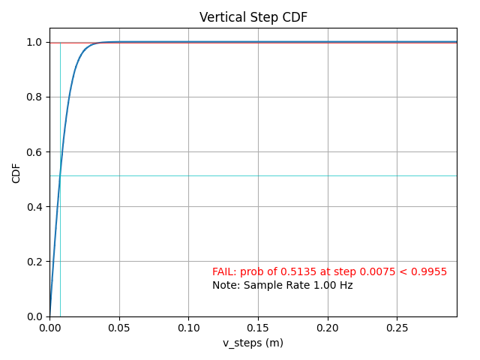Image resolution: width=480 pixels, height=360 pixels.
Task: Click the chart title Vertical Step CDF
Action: (x=253, y=17)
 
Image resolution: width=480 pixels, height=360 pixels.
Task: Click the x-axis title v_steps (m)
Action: (x=253, y=343)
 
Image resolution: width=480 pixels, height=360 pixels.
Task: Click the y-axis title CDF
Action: (x=16, y=172)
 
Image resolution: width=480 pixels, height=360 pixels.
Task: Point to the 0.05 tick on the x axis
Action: (x=119, y=328)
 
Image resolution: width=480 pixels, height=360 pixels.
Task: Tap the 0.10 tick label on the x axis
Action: (x=188, y=328)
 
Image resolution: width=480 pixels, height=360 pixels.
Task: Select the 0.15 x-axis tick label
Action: (x=258, y=328)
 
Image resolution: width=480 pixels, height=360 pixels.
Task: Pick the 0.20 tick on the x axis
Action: (x=328, y=328)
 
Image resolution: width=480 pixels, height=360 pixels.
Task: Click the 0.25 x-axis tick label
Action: (x=397, y=328)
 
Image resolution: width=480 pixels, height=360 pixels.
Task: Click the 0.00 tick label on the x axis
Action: (x=49, y=328)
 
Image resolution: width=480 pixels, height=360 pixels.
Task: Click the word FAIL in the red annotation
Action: (x=223, y=271)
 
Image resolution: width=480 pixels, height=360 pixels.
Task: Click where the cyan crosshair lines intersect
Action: (x=60, y=175)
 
